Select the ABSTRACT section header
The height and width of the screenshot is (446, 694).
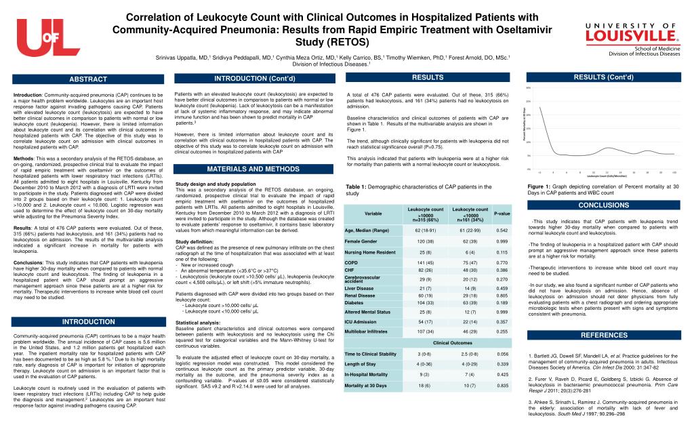tap(87, 79)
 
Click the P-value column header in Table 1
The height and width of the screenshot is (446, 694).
tap(502, 214)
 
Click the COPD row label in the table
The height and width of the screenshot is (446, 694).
tap(351, 262)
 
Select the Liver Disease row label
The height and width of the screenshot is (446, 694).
tap(359, 288)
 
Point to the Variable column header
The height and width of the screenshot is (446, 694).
tap(373, 214)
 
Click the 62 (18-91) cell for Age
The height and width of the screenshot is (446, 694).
tap(425, 230)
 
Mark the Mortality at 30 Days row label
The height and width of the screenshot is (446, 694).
tap(366, 385)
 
